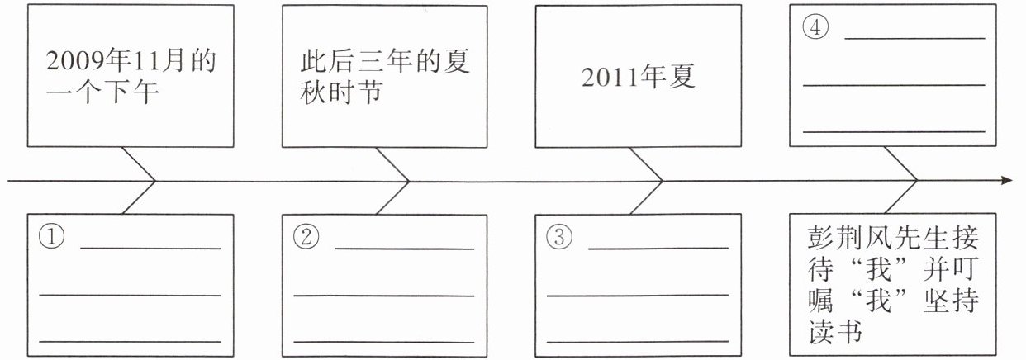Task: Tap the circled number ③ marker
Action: pyautogui.click(x=559, y=238)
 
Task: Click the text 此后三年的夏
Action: pyautogui.click(x=384, y=63)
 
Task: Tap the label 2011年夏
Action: pyautogui.click(x=639, y=77)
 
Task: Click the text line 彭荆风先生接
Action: pyautogui.click(x=893, y=239)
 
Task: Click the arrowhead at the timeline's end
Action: pyautogui.click(x=1005, y=180)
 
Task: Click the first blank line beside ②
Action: pyautogui.click(x=404, y=248)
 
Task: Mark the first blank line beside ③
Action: pyautogui.click(x=658, y=248)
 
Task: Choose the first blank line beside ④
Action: pyautogui.click(x=914, y=38)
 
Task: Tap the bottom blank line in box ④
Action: pyautogui.click(x=894, y=131)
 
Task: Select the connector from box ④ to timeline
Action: pyautogui.click(x=902, y=164)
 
